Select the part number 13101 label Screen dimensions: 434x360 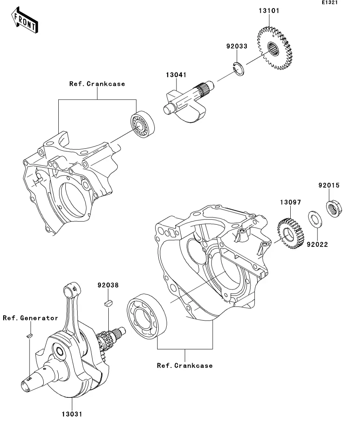[x=269, y=11]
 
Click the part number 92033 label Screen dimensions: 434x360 [x=237, y=46]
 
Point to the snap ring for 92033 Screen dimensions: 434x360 [x=238, y=68]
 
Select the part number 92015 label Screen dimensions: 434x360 [x=329, y=185]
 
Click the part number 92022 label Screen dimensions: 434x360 [x=317, y=244]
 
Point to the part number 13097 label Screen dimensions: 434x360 [x=291, y=202]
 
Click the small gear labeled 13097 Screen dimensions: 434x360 [x=290, y=236]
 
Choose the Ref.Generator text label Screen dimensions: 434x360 [x=30, y=318]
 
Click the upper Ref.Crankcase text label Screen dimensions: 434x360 [x=97, y=84]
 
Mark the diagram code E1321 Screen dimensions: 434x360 [x=330, y=3]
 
